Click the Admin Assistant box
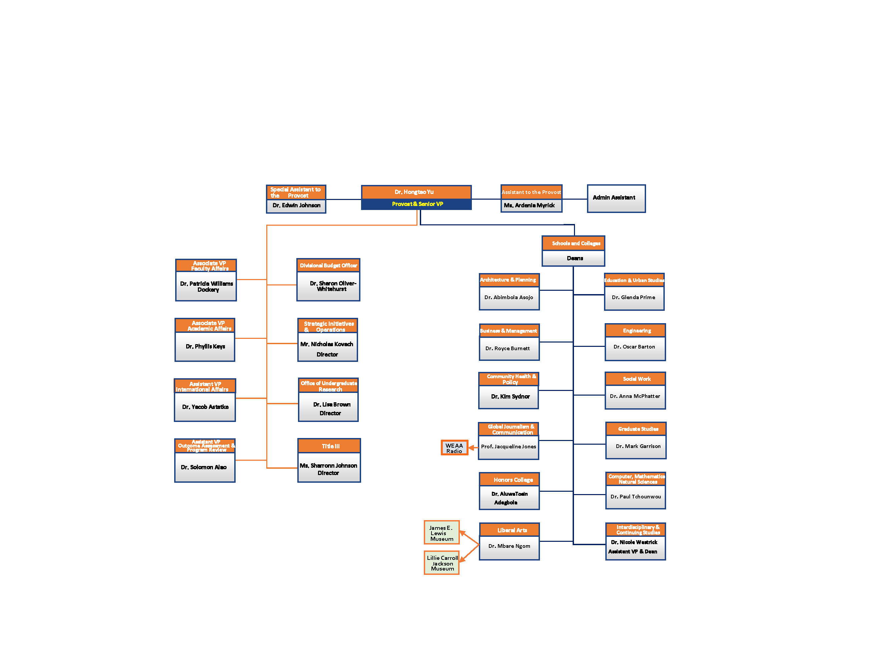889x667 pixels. (616, 198)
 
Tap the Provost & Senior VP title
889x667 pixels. (417, 204)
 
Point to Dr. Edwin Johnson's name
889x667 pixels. (296, 205)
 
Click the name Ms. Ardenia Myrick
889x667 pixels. (529, 205)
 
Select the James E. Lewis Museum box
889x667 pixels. (441, 533)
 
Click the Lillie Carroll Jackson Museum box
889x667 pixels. (442, 563)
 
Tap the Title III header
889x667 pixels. (330, 446)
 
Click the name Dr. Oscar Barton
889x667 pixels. (634, 347)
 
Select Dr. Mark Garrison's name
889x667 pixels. (638, 446)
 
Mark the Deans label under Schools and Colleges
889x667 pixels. (575, 258)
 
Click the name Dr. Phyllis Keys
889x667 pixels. (205, 347)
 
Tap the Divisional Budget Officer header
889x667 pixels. (328, 265)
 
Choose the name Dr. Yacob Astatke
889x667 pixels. (205, 407)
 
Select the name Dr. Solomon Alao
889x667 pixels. (204, 467)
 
